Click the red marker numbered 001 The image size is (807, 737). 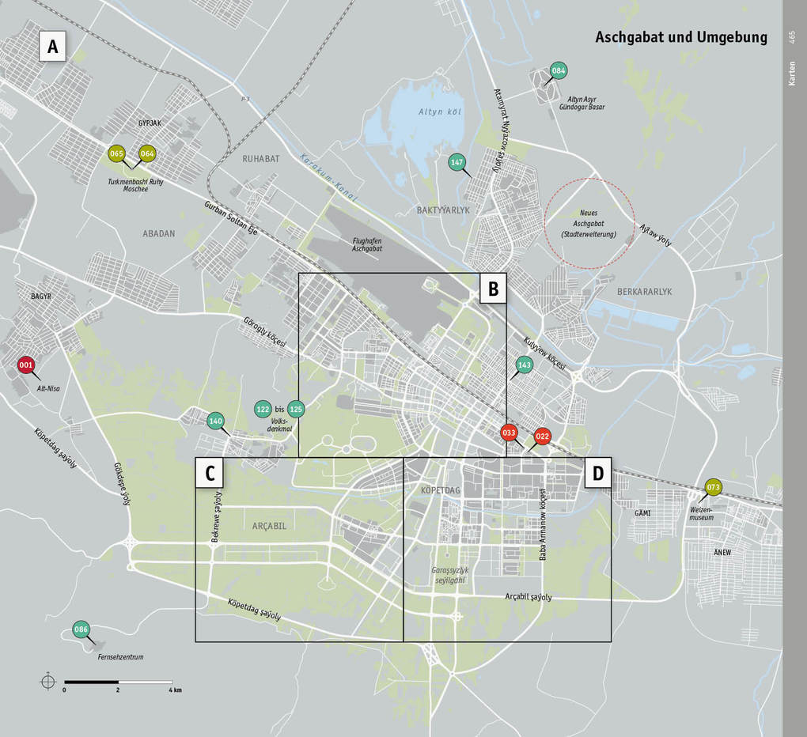coord(27,365)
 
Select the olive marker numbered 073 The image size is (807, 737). coord(714,487)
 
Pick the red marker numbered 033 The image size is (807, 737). coord(509,433)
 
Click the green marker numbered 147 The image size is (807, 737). coord(457,163)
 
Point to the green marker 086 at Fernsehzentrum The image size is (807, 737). coord(81,629)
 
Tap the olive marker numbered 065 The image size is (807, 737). coord(117,154)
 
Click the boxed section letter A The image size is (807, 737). coord(53,47)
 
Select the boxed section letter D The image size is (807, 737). coord(597,473)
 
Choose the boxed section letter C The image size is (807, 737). coord(210,473)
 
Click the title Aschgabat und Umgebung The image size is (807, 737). coord(680,37)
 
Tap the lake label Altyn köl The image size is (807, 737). coord(440,111)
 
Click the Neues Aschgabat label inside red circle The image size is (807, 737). coord(589,224)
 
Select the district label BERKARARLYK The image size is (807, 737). coord(645,292)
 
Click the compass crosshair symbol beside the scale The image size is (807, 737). coord(48,681)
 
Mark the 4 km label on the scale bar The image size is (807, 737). coord(175,690)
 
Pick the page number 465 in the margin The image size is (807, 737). coord(793,37)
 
